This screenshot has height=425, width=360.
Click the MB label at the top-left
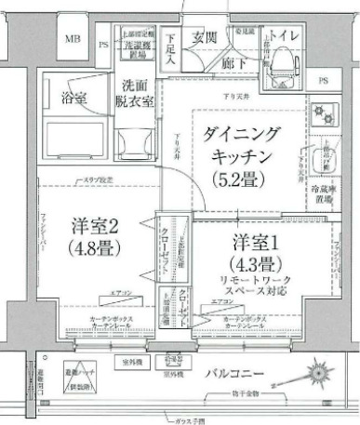pos(73,40)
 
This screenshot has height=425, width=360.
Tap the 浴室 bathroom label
pos(74,96)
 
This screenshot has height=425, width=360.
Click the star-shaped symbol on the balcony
pos(313,377)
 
